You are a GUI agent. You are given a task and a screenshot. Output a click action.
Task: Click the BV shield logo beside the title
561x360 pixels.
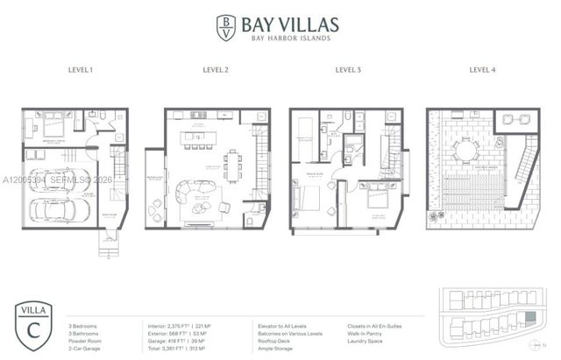(x=227, y=26)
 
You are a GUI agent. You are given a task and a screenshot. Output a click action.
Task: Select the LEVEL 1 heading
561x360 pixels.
(x=82, y=69)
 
